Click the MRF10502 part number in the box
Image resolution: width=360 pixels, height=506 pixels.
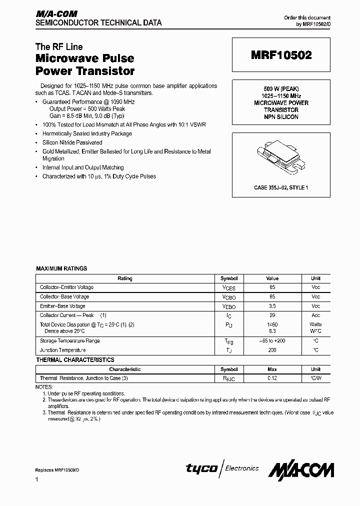click(x=281, y=56)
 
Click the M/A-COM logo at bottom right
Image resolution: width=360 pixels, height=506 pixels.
click(x=301, y=469)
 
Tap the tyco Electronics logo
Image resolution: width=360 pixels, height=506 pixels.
click(x=222, y=468)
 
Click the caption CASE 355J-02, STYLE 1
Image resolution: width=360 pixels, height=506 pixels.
click(x=281, y=187)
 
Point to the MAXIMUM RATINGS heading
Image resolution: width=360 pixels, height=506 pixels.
click(x=61, y=268)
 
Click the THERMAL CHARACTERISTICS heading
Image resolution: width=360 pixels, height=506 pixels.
click(x=75, y=359)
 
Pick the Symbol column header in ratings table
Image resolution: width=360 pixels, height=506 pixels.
click(x=229, y=278)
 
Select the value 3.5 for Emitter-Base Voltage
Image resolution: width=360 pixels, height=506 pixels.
click(x=272, y=306)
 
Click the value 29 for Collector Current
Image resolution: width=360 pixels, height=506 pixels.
click(x=272, y=315)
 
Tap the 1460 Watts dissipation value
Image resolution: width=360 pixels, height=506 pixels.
click(x=272, y=324)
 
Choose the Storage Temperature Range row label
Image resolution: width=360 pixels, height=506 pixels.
click(x=69, y=340)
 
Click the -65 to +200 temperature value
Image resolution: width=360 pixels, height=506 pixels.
click(x=272, y=340)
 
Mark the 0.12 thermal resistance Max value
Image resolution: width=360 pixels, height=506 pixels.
click(x=272, y=378)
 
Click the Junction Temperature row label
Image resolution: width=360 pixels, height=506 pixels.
click(x=62, y=350)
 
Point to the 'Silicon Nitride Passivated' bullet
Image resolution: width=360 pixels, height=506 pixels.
click(x=72, y=142)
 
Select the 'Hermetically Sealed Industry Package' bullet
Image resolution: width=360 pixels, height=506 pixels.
click(x=87, y=133)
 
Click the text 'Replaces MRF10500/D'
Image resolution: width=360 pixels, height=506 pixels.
click(x=56, y=470)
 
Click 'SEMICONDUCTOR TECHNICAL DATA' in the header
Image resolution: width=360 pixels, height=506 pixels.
click(x=98, y=22)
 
